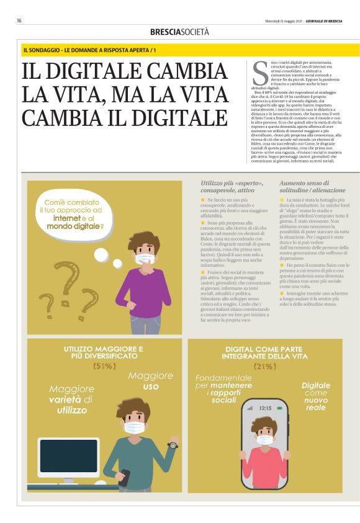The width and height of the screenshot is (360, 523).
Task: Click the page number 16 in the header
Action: (x=19, y=20)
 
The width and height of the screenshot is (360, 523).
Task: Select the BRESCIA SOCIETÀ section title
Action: (x=179, y=32)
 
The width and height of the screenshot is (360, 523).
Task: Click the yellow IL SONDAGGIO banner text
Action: (x=90, y=49)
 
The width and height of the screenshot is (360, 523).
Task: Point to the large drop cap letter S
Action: (x=259, y=74)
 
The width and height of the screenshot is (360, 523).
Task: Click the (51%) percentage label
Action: (x=104, y=366)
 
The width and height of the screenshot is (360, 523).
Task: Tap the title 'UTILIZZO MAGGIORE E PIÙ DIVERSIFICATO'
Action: (x=104, y=353)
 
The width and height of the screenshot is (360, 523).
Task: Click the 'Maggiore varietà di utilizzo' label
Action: (x=71, y=400)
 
